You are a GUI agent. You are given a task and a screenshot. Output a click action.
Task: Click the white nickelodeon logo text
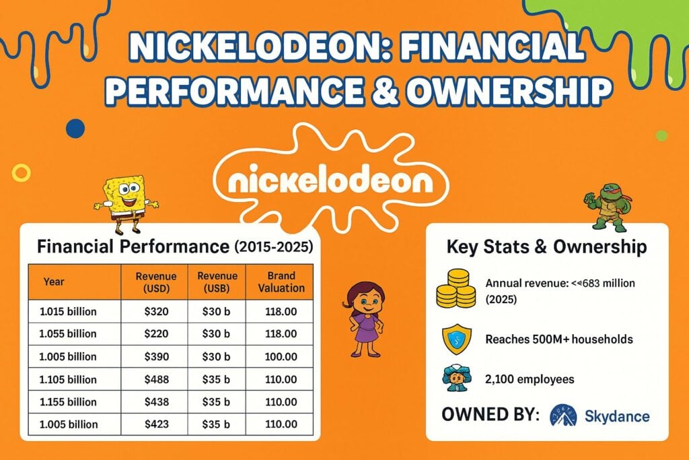tap(330, 181)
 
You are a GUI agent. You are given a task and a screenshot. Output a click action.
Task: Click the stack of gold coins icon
tap(456, 290)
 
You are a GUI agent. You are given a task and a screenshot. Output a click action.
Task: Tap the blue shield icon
tap(456, 339)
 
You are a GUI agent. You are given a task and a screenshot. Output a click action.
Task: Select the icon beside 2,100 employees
tap(456, 379)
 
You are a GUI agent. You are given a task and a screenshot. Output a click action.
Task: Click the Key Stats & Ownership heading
tap(546, 247)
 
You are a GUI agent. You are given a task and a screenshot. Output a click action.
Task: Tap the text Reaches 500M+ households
tap(558, 339)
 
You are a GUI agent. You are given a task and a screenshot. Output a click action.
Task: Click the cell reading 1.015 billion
tap(69, 312)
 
